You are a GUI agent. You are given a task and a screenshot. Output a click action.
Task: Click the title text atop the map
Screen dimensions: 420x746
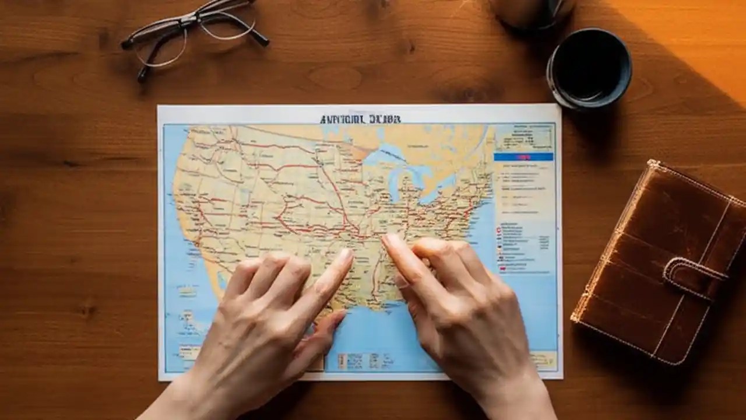(360, 119)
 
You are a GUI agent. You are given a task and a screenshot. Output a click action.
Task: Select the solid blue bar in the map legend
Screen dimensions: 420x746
(523, 157)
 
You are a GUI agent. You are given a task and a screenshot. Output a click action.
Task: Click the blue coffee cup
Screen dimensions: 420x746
(589, 69)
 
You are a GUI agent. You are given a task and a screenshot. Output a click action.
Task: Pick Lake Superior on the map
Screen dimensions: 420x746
(385, 155)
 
